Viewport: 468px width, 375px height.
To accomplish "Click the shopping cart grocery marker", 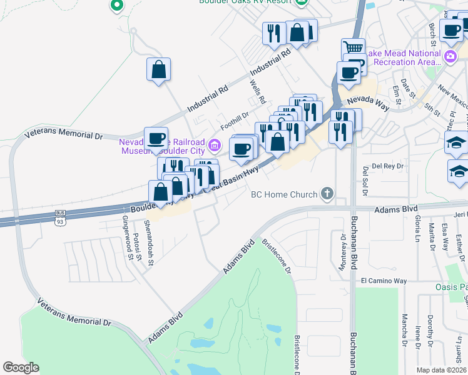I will pyautogui.click(x=354, y=48).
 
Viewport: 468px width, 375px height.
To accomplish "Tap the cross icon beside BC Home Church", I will pyautogui.click(x=326, y=194).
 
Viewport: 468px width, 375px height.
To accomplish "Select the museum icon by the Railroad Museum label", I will pyautogui.click(x=215, y=146).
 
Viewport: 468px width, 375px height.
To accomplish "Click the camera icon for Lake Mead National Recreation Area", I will pyautogui.click(x=449, y=57).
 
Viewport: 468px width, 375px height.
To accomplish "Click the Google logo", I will pyautogui.click(x=21, y=367).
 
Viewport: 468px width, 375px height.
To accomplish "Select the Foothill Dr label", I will pyautogui.click(x=235, y=116).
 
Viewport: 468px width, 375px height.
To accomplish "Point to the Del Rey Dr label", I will pyautogui.click(x=389, y=166).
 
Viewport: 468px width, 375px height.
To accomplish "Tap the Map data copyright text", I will pyautogui.click(x=442, y=369).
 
